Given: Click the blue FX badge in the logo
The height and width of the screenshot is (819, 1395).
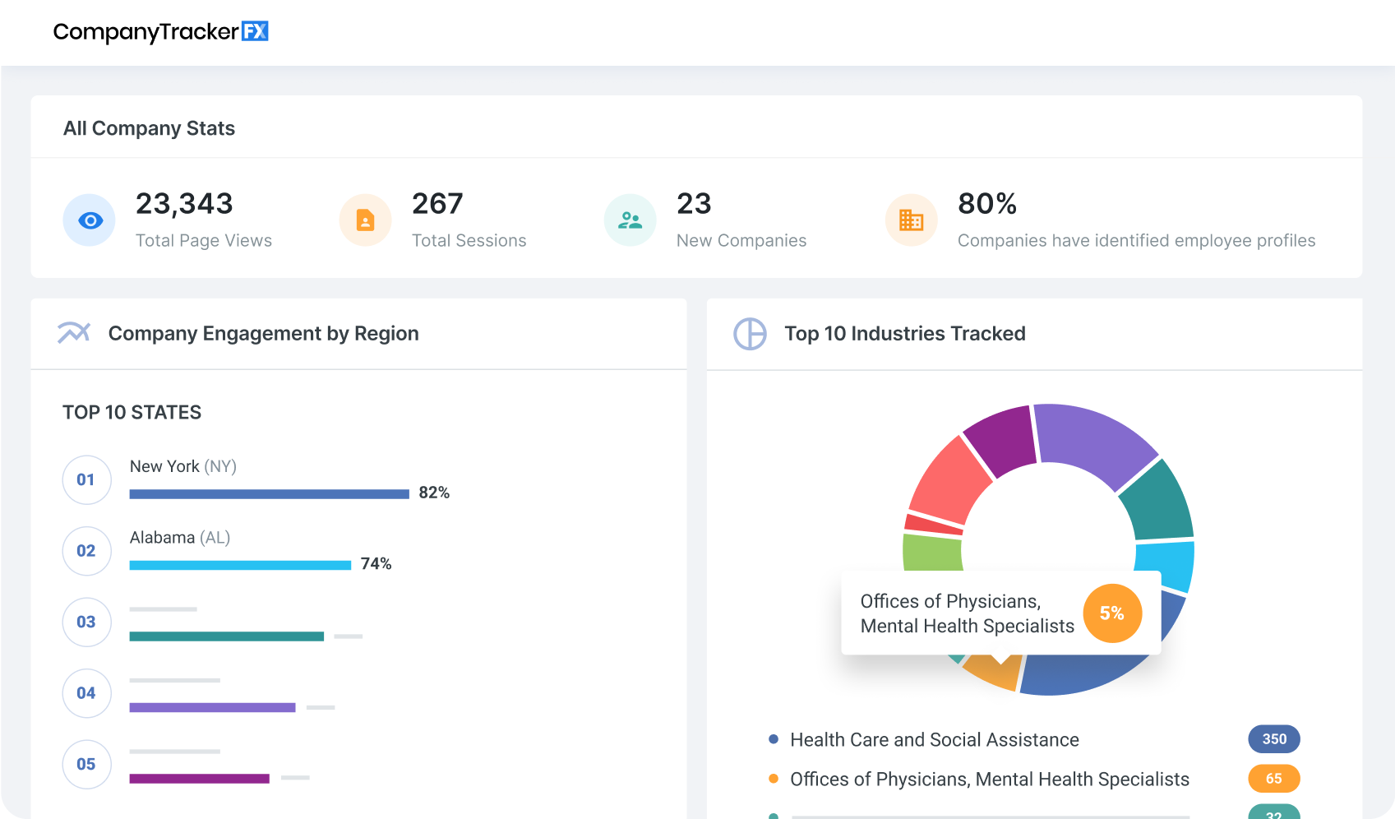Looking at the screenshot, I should point(255,31).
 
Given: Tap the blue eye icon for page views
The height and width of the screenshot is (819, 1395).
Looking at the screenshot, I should point(90,220).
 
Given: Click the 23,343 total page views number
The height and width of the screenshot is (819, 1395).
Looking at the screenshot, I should point(184,203).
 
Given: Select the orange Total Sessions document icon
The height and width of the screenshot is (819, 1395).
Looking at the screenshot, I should point(365,220).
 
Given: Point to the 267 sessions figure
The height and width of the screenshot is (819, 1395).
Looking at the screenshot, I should point(437,203).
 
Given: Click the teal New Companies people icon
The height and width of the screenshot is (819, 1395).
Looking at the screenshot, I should point(630,220).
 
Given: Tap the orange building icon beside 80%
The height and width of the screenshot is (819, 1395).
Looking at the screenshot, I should point(911,220).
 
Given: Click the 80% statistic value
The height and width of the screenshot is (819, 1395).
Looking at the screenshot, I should point(987,203).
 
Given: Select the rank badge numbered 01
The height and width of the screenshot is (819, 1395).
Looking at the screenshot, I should point(86,479).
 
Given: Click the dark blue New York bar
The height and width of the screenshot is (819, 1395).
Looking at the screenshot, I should point(269,494).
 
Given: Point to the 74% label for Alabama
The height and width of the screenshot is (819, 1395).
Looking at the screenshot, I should point(376,564).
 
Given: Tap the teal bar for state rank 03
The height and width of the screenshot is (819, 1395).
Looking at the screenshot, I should point(226,636).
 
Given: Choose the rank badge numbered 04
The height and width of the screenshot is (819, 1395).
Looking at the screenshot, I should point(86,693).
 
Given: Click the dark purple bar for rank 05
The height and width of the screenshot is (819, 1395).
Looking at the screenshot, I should point(199,779).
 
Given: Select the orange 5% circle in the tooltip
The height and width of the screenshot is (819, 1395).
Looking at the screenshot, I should point(1111,613).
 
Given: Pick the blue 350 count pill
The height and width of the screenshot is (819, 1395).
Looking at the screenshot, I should point(1273,739).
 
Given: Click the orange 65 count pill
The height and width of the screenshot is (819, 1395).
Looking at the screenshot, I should point(1273,779).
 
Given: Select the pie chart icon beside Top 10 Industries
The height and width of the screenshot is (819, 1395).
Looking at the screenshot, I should point(750,334).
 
